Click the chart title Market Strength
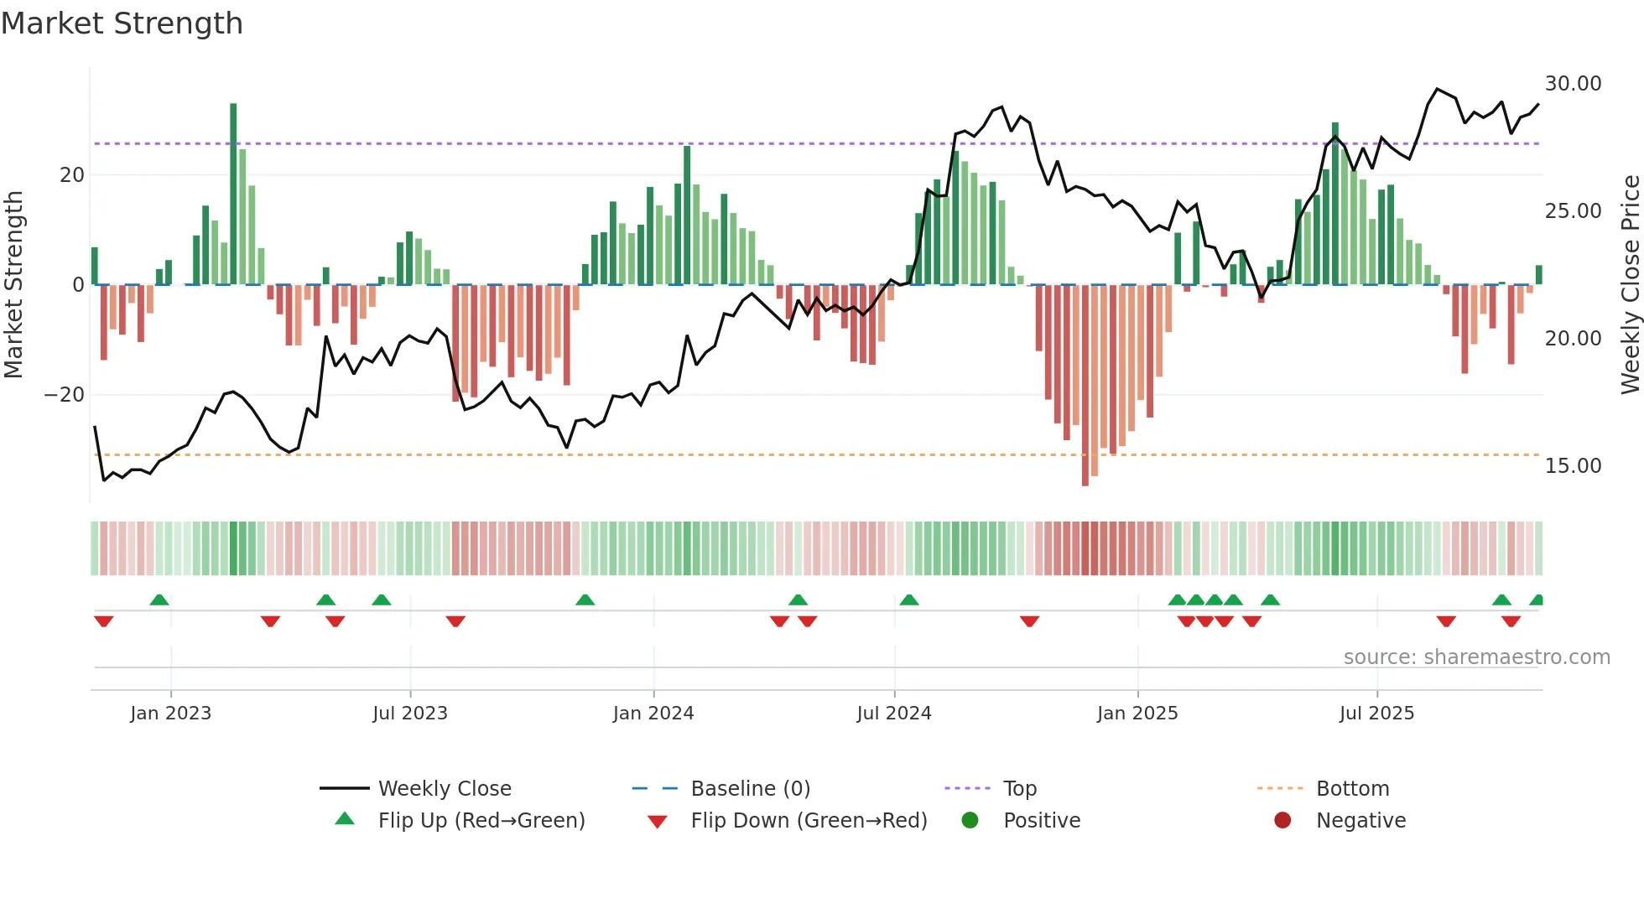tap(122, 23)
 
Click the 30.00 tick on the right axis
tap(1573, 84)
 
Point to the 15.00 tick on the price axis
tap(1573, 466)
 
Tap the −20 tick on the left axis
tap(64, 395)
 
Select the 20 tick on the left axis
tap(72, 175)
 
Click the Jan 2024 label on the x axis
tap(653, 714)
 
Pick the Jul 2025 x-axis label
tap(1376, 714)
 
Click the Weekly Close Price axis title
tap(1630, 285)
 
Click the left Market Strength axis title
tap(13, 285)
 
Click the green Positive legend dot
tap(970, 821)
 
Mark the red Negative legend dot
tap(1282, 821)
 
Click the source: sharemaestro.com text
tap(1476, 657)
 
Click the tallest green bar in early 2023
tap(233, 193)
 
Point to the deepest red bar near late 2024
tap(1085, 386)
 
